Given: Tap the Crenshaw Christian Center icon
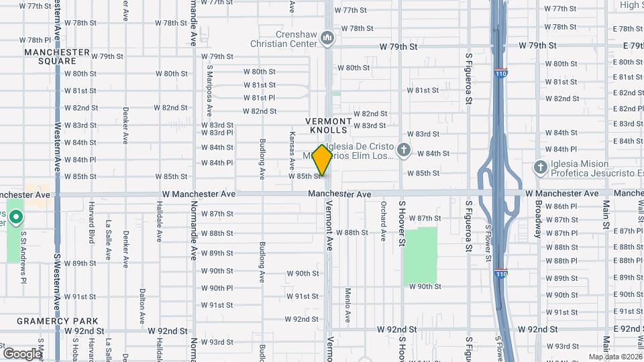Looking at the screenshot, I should (327, 38).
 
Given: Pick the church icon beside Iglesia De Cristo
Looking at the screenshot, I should (404, 150).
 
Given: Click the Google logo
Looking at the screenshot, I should (22, 353).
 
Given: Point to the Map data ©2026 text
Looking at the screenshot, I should (614, 357).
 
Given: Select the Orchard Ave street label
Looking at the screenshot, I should (384, 222).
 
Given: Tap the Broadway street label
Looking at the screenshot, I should (538, 219).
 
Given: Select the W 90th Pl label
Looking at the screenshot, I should (217, 288).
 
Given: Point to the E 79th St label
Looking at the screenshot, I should (633, 46).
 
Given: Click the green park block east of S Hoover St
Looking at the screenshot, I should (421, 255).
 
